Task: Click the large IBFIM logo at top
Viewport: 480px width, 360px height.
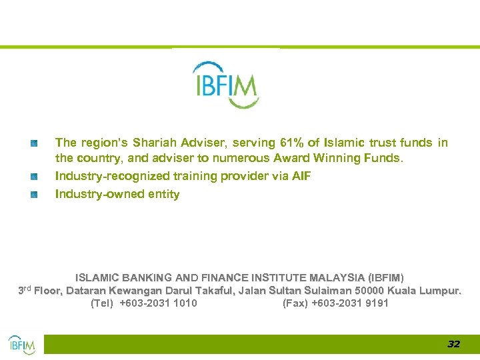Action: coord(225,85)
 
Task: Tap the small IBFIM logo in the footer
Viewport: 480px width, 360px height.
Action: coord(21,344)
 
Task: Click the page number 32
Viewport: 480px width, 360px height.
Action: coord(453,344)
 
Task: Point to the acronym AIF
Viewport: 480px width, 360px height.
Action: coord(301,176)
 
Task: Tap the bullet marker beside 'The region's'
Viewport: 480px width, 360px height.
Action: coord(34,143)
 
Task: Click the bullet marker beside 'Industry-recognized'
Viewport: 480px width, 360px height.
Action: coord(34,176)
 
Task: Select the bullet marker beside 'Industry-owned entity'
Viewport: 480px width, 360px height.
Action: coord(34,195)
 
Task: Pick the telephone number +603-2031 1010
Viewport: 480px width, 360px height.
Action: coord(158,304)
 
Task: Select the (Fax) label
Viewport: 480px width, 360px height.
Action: coord(295,304)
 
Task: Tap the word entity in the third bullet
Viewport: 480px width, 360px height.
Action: coord(163,195)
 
